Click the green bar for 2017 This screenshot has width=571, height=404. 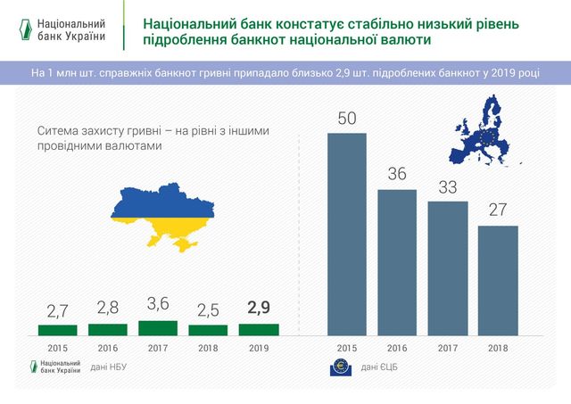pyautogui.click(x=158, y=327)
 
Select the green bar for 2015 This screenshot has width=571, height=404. pyautogui.click(x=57, y=329)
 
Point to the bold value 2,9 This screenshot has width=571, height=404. pyautogui.click(x=259, y=309)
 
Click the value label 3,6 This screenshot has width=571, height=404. pyautogui.click(x=158, y=303)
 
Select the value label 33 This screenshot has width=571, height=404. pyautogui.click(x=448, y=187)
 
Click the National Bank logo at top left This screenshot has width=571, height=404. pyautogui.click(x=67, y=29)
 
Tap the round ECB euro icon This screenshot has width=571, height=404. pyautogui.click(x=340, y=367)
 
